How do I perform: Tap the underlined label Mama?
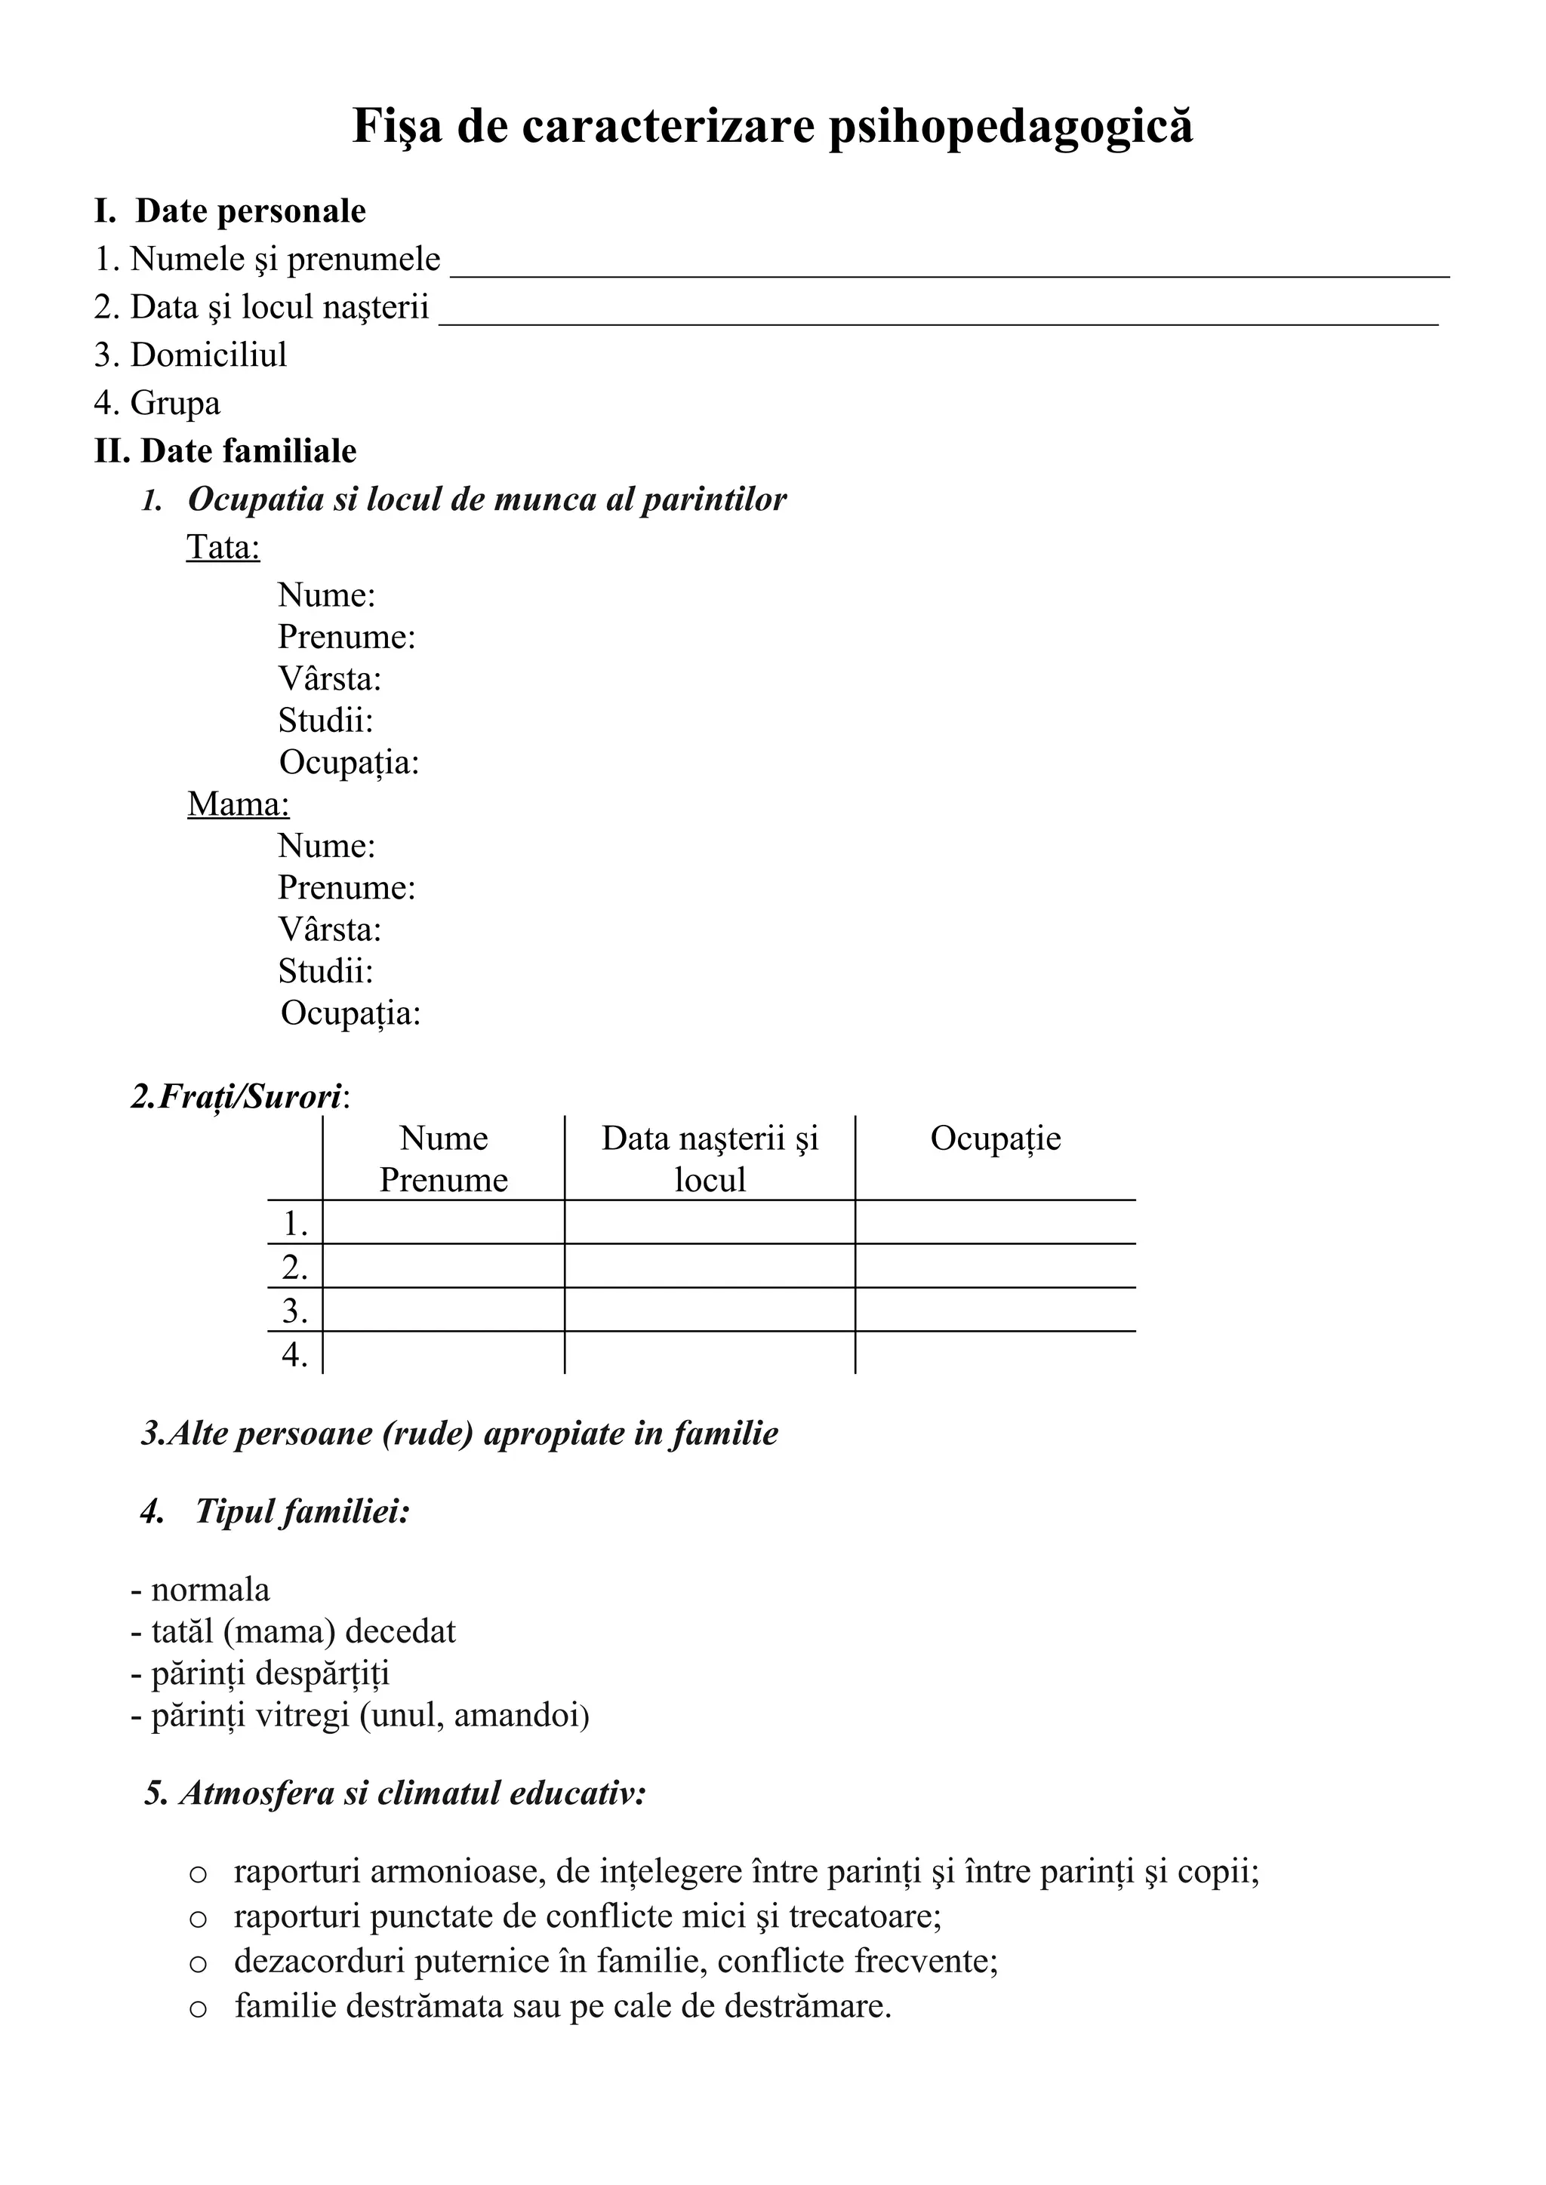(238, 804)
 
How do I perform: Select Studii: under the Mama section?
(325, 971)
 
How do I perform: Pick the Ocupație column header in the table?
(995, 1139)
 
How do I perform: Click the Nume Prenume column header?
(444, 1158)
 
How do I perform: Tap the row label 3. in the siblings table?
(295, 1311)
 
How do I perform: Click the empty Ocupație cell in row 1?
(995, 1222)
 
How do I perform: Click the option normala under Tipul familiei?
(209, 1589)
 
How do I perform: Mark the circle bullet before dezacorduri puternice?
(198, 1962)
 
